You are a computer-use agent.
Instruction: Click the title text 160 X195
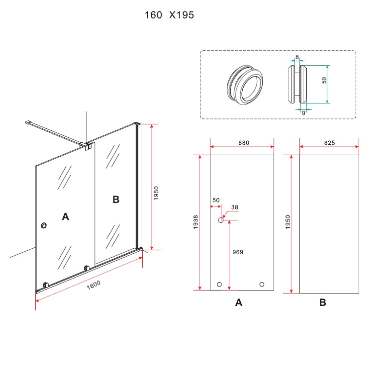[x=169, y=15]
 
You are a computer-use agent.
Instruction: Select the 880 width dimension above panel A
[x=243, y=143]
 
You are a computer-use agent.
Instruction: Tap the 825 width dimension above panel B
[x=329, y=143]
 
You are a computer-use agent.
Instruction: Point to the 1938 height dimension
[x=195, y=222]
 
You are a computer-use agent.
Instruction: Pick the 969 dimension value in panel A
[x=238, y=252]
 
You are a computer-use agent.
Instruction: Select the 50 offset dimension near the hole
[x=216, y=200]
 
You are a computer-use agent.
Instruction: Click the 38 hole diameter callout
[x=235, y=207]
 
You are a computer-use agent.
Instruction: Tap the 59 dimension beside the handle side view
[x=324, y=80]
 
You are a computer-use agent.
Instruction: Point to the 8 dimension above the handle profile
[x=297, y=57]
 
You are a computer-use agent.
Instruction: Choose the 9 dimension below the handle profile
[x=303, y=112]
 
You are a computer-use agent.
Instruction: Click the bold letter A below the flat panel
[x=239, y=302]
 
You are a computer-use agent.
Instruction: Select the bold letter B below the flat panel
[x=323, y=302]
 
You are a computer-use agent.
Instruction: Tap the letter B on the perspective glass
[x=116, y=199]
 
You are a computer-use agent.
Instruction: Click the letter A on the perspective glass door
[x=65, y=216]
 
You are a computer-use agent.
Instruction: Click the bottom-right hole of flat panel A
[x=262, y=285]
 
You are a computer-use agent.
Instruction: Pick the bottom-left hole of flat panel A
[x=219, y=285]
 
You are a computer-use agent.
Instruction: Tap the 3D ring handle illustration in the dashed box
[x=244, y=84]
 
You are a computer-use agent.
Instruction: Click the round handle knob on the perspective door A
[x=45, y=226]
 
